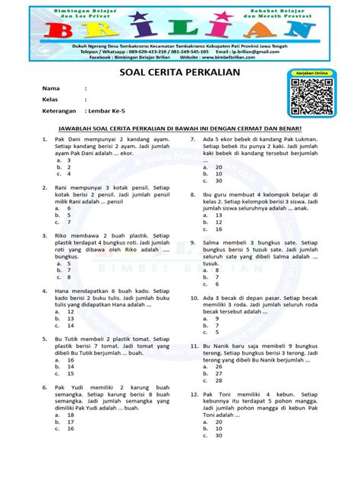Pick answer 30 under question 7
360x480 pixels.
coord(219,181)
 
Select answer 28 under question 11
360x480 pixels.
coord(219,374)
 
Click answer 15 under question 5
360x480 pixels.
coord(71,374)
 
